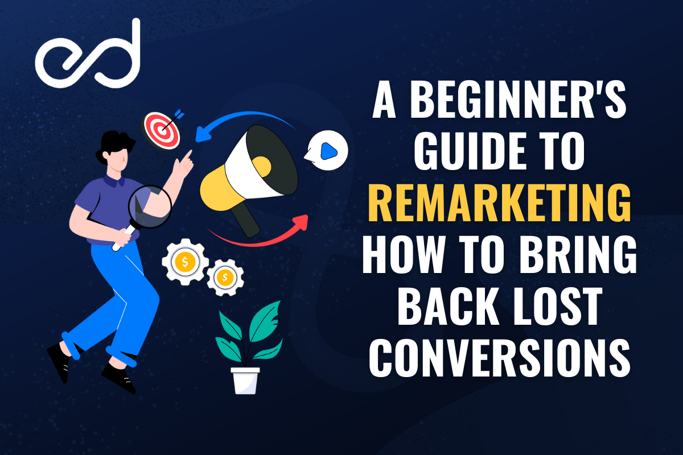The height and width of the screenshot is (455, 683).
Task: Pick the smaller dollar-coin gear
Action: (225, 277)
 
